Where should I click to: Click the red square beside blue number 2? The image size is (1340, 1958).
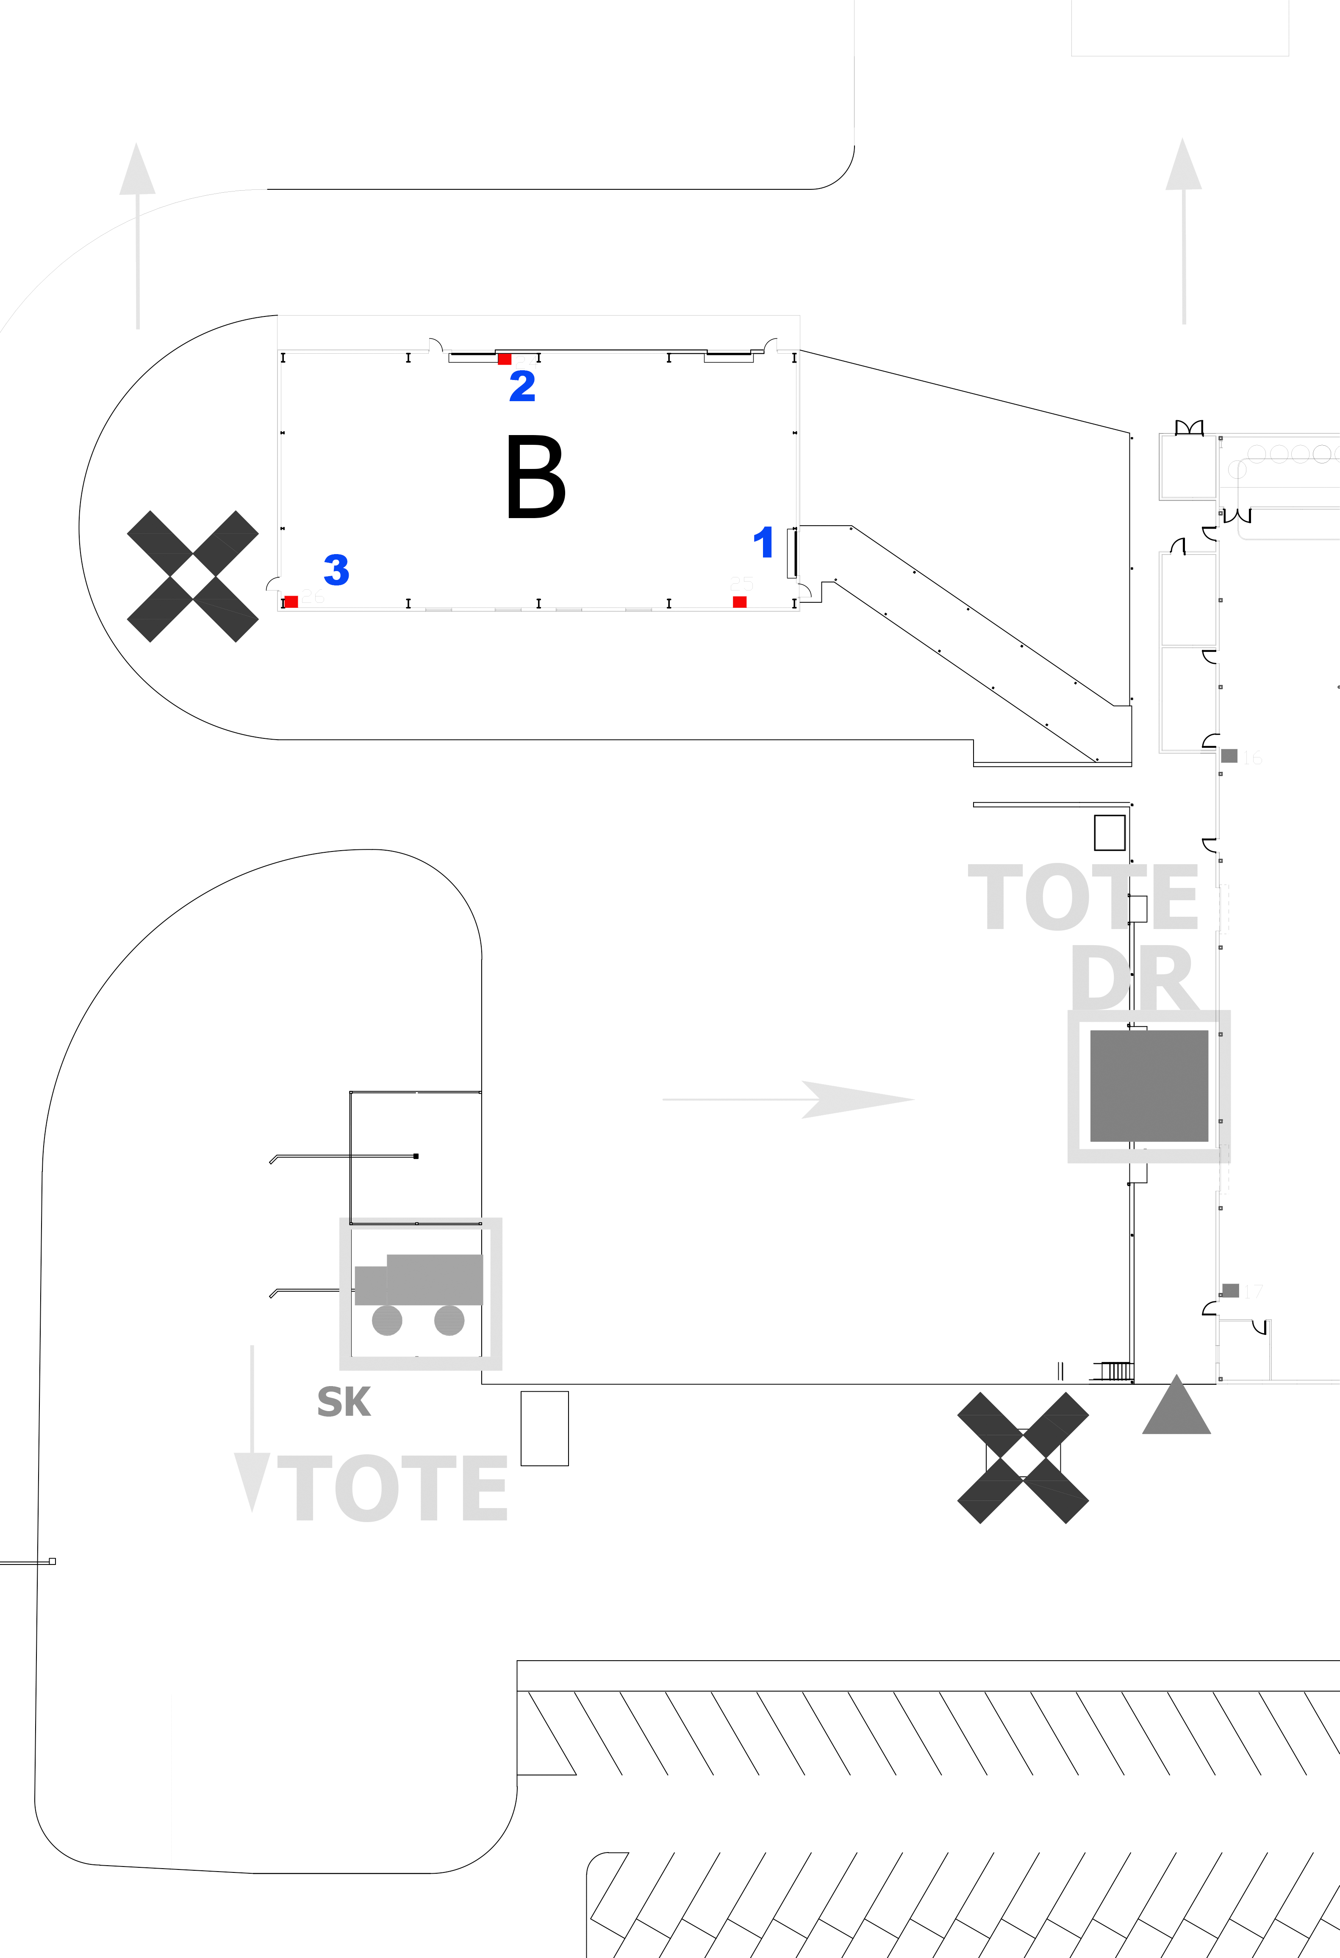tap(504, 359)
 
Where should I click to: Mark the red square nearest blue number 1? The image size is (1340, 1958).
tap(739, 602)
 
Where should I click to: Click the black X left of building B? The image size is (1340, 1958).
tap(192, 576)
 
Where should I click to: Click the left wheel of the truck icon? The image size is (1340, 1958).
tap(387, 1320)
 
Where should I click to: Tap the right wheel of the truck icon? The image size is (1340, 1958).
tap(449, 1320)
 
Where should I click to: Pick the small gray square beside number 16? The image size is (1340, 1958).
tap(1229, 756)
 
